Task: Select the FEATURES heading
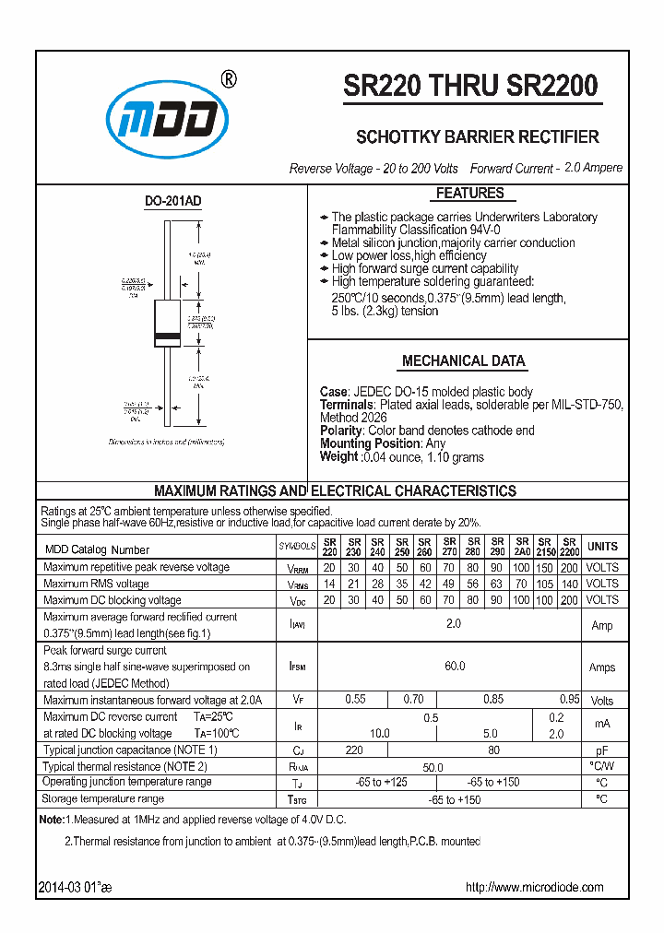point(469,194)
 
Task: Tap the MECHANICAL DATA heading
point(464,361)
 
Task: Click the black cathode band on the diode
point(167,335)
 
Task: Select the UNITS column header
point(602,547)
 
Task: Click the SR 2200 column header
point(569,547)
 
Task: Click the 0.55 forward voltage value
point(355,700)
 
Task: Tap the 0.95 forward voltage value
point(569,700)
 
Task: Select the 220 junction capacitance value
point(354,750)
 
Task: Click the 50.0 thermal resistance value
point(433,767)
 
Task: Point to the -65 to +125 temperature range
point(382,782)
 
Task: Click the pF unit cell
point(601,750)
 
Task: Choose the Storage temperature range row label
point(103,798)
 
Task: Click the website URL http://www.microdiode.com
point(534,887)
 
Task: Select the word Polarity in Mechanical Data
point(340,431)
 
